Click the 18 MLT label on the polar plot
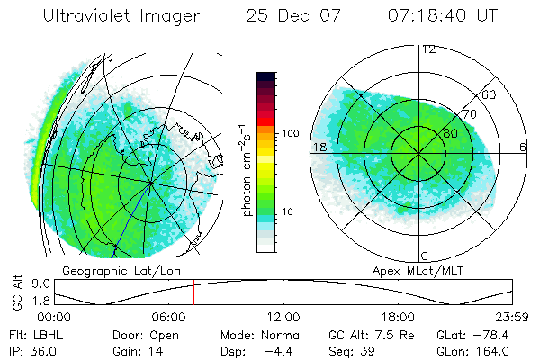coord(318,147)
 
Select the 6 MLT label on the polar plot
coord(523,147)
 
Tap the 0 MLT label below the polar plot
coord(425,256)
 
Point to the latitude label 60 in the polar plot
coord(490,94)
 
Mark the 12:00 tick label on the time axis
coord(283,317)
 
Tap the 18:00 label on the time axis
coord(397,317)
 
